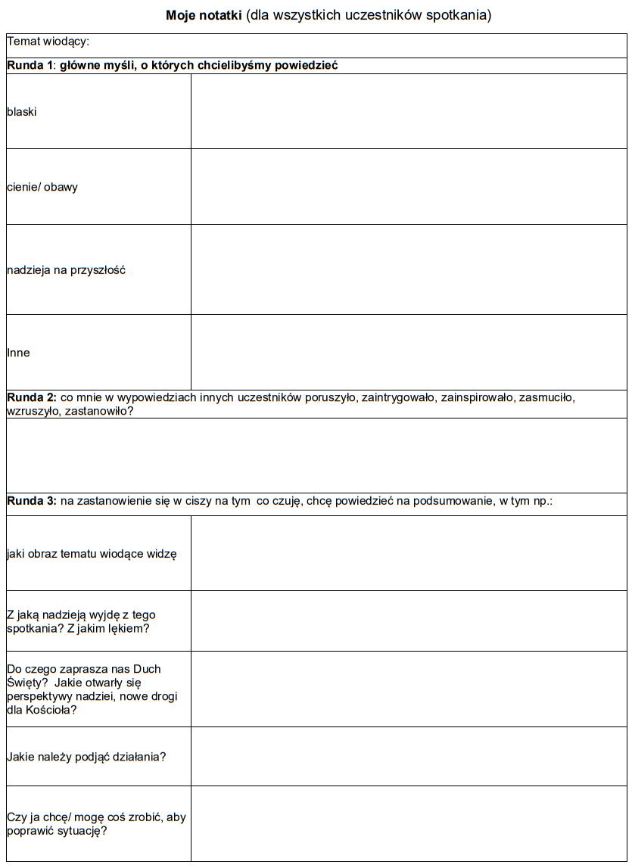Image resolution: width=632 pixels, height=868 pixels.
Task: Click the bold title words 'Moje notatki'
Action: [x=204, y=15]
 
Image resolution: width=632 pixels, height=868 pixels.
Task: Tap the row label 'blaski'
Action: [x=22, y=112]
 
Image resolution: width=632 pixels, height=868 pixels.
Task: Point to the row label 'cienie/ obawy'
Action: [x=42, y=187]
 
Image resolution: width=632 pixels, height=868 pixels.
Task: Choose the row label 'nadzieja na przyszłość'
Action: [x=66, y=269]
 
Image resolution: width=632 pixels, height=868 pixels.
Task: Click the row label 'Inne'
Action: [x=18, y=353]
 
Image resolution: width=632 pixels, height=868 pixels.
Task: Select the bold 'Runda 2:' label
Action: [x=32, y=397]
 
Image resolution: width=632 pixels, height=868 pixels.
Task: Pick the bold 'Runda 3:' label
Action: [x=32, y=501]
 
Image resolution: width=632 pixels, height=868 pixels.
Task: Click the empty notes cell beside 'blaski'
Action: [x=409, y=111]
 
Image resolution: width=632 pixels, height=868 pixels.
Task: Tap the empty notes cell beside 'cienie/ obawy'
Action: [x=409, y=186]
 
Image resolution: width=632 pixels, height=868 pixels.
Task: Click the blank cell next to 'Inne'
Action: [x=409, y=352]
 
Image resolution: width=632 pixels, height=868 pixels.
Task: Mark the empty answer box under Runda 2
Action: [x=316, y=456]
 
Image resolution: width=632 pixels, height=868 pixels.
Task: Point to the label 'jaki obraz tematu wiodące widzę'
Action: [x=92, y=554]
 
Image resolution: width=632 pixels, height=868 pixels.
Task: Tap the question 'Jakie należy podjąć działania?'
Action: [x=86, y=756]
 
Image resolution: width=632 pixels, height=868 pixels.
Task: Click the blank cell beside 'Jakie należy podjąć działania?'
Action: [x=409, y=756]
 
